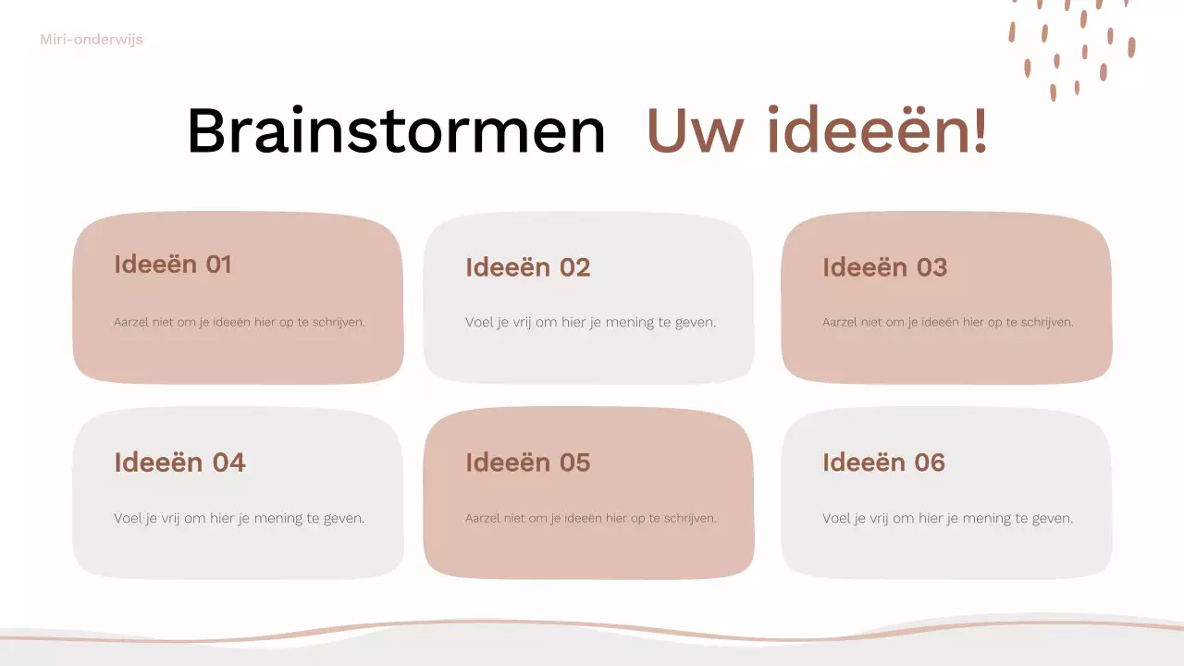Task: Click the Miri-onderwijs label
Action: click(x=92, y=40)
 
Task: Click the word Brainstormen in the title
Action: click(x=396, y=131)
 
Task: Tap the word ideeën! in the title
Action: click(x=877, y=131)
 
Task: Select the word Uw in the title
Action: click(x=697, y=131)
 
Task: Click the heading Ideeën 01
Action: click(x=172, y=265)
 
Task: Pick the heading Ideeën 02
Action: click(x=527, y=267)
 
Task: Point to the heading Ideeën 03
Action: click(x=884, y=267)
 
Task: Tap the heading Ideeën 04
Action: click(x=179, y=462)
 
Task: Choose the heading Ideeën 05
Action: click(x=527, y=462)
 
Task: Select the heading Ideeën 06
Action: click(x=883, y=462)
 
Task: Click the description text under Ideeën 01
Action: click(x=240, y=323)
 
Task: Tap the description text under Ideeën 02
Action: click(x=590, y=323)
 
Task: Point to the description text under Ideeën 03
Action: click(x=947, y=323)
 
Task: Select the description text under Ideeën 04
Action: click(x=240, y=518)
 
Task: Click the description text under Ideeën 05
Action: click(x=590, y=518)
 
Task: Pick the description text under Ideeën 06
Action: click(x=947, y=518)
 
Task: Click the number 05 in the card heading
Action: click(x=574, y=462)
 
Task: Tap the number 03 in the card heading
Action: click(x=931, y=267)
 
